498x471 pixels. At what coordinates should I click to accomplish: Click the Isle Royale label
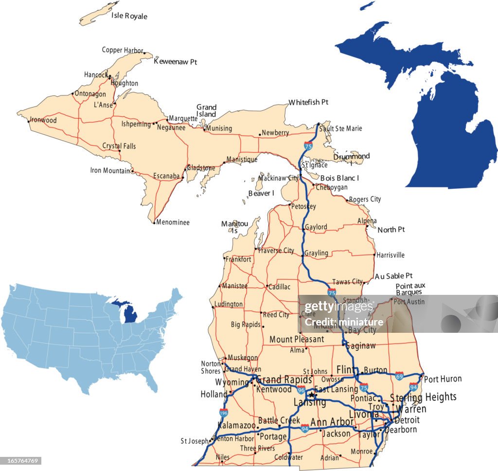tap(129, 16)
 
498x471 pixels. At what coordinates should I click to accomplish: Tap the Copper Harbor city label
tap(122, 50)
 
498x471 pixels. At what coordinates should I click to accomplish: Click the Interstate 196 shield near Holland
tap(223, 413)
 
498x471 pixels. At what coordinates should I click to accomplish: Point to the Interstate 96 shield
tap(302, 390)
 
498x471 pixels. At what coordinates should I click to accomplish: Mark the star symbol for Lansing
tap(311, 395)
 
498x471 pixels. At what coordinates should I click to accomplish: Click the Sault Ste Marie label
tap(341, 128)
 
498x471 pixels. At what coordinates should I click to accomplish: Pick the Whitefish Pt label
tap(308, 102)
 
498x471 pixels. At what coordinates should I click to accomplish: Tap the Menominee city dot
tap(154, 223)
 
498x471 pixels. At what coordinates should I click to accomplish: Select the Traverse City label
tap(276, 251)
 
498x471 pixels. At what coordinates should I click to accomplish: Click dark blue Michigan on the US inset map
tap(129, 312)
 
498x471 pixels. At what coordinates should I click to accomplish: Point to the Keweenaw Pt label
tap(175, 62)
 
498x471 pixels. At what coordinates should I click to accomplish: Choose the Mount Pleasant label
tap(297, 339)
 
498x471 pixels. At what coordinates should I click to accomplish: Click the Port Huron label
tap(443, 379)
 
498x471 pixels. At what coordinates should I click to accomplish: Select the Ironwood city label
tap(43, 120)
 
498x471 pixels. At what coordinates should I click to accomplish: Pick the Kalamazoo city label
tap(236, 425)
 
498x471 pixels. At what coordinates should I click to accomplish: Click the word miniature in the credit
tap(364, 322)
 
